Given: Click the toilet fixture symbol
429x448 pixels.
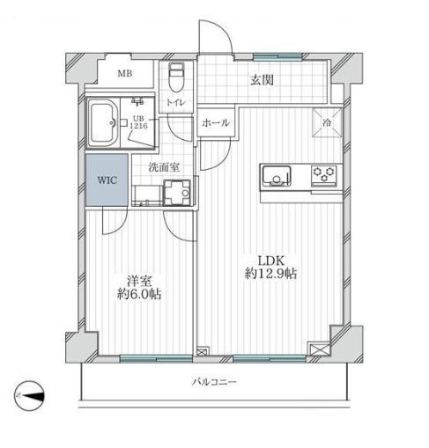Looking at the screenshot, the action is coord(176,77).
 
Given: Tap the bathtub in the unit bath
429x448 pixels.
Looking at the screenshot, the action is coord(103,123).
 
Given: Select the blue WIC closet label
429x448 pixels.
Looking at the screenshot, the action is coord(107,180).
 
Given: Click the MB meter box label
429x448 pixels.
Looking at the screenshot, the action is coord(125,73).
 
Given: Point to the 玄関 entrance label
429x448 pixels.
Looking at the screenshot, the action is coord(262,80).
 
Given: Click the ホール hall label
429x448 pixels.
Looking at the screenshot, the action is coord(216,122).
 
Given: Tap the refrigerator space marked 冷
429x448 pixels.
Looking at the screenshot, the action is coord(327,122).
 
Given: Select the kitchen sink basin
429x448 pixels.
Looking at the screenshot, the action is coord(277,176).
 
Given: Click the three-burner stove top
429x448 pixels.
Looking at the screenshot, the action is coord(324,174).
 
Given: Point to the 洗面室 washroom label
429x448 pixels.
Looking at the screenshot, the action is coord(164,167).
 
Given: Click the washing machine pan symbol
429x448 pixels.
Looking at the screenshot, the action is coord(177,193).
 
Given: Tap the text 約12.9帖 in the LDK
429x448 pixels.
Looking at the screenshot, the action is coord(270,274).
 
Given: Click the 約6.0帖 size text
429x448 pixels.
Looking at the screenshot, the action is coord(139,294).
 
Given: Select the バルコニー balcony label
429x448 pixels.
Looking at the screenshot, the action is coord(215,382).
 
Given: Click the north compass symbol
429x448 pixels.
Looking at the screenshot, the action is coord(29,396).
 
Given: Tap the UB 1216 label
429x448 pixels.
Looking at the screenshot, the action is coord(138,122).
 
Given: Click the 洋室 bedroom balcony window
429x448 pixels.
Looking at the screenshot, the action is coord(156,358).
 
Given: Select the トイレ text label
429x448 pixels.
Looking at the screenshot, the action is coord(176,103).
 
